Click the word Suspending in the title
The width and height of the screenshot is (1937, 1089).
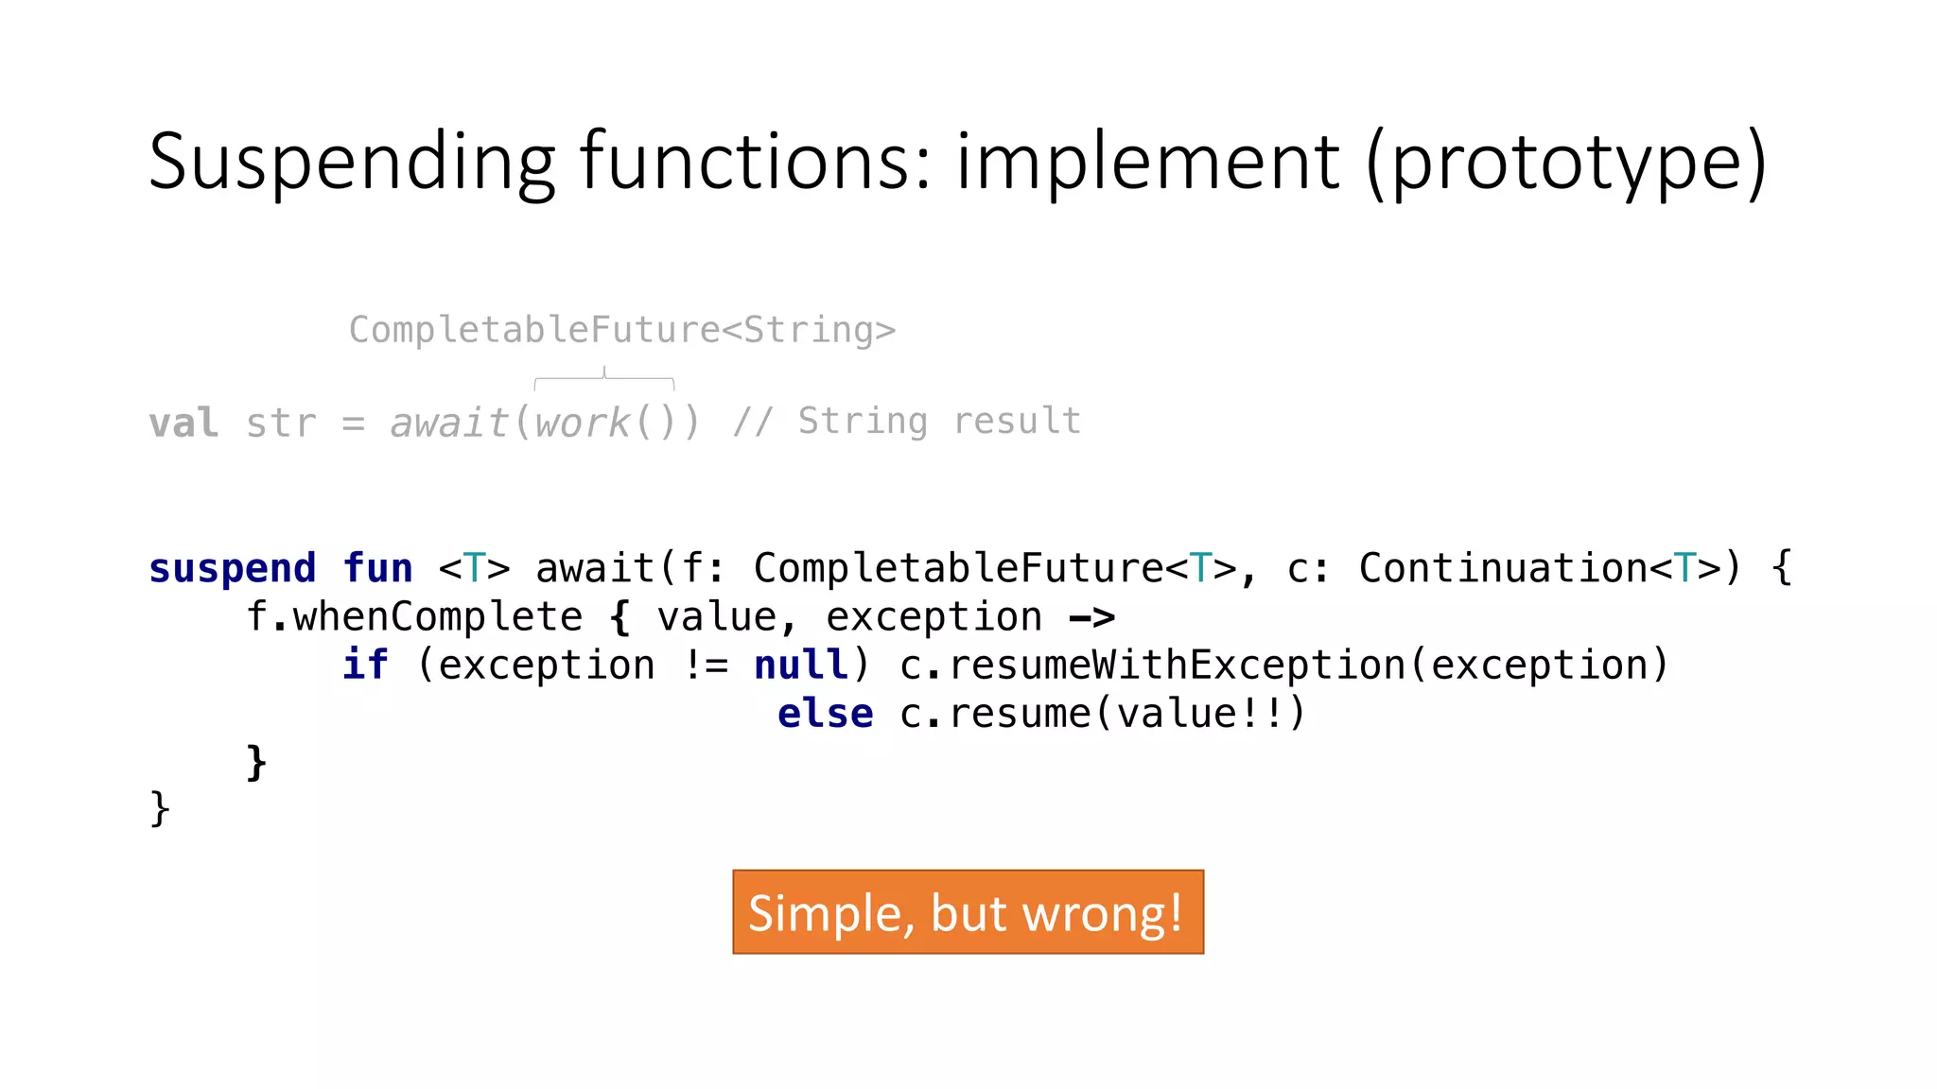tap(351, 164)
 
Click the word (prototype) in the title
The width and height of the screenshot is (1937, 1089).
tap(1565, 164)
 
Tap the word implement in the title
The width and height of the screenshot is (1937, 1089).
tap(1147, 164)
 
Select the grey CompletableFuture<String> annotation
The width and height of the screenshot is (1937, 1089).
tap(621, 330)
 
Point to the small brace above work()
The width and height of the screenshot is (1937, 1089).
tap(604, 379)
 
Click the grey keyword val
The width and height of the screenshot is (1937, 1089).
tap(183, 423)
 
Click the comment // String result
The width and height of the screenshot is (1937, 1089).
tap(907, 422)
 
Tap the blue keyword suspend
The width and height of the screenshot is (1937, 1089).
tap(232, 568)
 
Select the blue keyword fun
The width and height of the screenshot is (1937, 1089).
tap(377, 568)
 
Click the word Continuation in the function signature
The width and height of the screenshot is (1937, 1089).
tap(1503, 568)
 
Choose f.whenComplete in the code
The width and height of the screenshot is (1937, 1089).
tap(413, 617)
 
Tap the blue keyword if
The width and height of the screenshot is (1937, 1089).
tap(365, 665)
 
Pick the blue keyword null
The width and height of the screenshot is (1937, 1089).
tap(801, 665)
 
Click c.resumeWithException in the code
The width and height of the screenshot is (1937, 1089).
tap(1152, 665)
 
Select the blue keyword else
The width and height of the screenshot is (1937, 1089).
tap(825, 714)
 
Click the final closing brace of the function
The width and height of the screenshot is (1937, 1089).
tap(160, 809)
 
